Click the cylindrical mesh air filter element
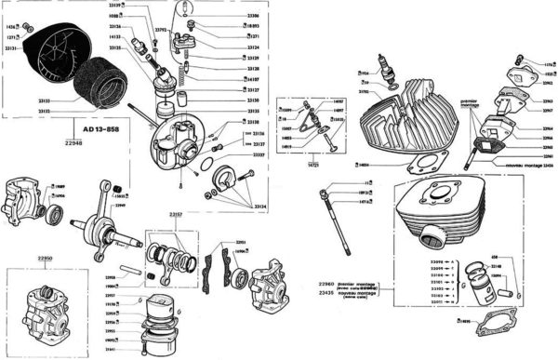[x=99, y=81]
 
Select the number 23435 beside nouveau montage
[x=325, y=292]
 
